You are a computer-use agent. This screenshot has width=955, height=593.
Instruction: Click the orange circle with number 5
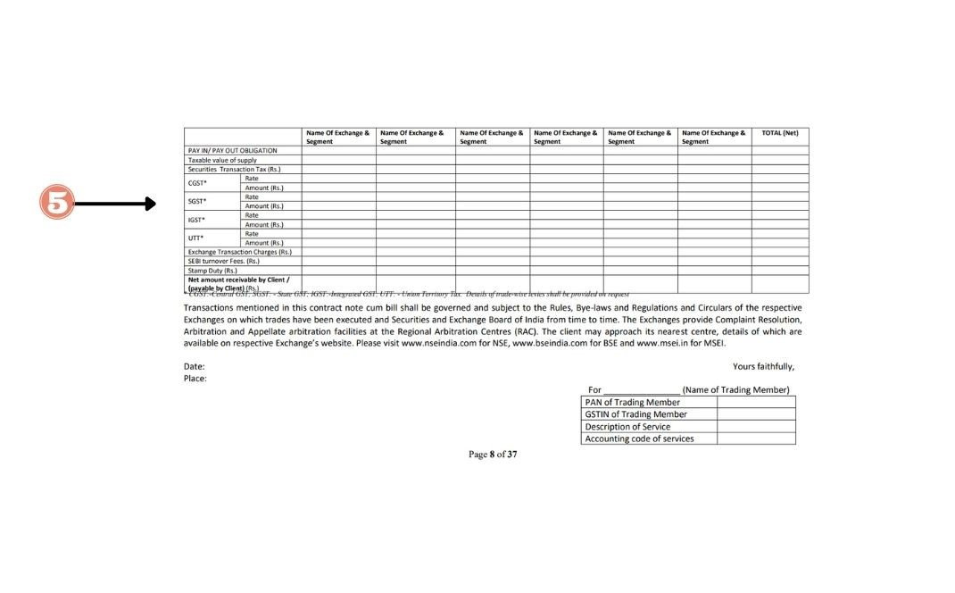pyautogui.click(x=57, y=203)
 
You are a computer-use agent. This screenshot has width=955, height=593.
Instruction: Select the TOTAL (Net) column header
pyautogui.click(x=779, y=133)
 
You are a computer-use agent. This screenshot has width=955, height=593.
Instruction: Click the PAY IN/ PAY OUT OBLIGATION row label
pyautogui.click(x=232, y=150)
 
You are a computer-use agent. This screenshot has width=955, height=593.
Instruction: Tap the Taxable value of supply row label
pyautogui.click(x=222, y=160)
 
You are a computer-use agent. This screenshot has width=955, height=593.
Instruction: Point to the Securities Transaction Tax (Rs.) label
pyautogui.click(x=234, y=169)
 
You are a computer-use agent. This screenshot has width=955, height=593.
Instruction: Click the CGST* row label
pyautogui.click(x=196, y=183)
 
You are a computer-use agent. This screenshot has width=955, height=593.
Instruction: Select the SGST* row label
pyautogui.click(x=196, y=201)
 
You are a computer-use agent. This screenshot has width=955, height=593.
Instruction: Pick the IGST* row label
pyautogui.click(x=196, y=220)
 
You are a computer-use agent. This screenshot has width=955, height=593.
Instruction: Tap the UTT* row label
pyautogui.click(x=195, y=238)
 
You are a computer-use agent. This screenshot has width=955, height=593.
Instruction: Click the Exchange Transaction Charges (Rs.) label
pyautogui.click(x=239, y=252)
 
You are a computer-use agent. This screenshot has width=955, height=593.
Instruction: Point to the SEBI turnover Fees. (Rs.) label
pyautogui.click(x=222, y=261)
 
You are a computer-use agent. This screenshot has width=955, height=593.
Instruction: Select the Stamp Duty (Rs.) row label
pyautogui.click(x=212, y=270)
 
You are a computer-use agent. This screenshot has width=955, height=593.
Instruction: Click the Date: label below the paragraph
pyautogui.click(x=194, y=366)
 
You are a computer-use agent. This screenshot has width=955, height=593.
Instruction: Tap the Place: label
pyautogui.click(x=195, y=379)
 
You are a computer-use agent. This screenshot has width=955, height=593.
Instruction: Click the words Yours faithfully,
pyautogui.click(x=763, y=366)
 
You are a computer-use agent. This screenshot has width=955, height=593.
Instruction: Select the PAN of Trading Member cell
pyautogui.click(x=632, y=402)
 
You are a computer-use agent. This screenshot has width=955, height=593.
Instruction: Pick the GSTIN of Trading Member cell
pyautogui.click(x=635, y=414)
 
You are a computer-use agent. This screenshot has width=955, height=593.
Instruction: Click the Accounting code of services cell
pyautogui.click(x=639, y=438)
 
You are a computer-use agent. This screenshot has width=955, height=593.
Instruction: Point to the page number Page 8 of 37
pyautogui.click(x=493, y=455)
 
